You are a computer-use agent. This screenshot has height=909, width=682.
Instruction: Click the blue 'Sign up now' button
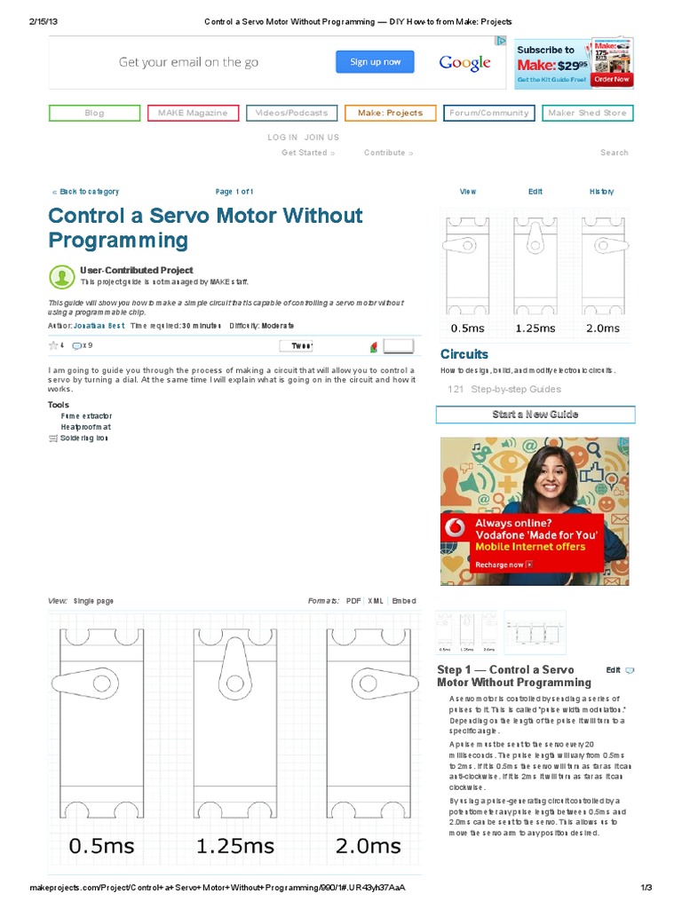(x=376, y=62)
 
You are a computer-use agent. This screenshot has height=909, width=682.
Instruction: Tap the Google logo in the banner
(x=464, y=63)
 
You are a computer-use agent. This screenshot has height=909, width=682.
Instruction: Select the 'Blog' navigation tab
(x=94, y=113)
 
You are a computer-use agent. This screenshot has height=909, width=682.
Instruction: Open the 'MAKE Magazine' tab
(x=193, y=113)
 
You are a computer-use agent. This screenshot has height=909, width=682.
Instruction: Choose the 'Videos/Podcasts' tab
(x=291, y=113)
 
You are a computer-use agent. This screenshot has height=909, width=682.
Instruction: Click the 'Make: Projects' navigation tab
(x=390, y=113)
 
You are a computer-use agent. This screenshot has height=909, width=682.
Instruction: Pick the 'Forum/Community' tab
(x=488, y=113)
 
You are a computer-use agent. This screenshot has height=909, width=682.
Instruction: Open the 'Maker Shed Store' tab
(x=587, y=113)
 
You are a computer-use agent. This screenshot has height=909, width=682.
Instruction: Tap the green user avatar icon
(x=62, y=276)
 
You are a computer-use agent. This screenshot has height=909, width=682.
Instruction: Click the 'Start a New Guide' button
(x=535, y=415)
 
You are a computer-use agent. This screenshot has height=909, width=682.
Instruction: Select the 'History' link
(x=601, y=192)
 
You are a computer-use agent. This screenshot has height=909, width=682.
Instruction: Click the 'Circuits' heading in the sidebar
(x=464, y=354)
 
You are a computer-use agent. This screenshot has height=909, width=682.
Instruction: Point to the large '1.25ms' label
(x=235, y=846)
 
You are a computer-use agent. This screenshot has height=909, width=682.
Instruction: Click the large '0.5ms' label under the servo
(x=102, y=846)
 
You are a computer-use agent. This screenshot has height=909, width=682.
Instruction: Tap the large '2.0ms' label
(x=368, y=846)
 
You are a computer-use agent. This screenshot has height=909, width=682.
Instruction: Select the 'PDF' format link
(x=353, y=601)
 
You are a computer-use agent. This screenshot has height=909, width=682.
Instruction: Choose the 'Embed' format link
(x=404, y=601)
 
